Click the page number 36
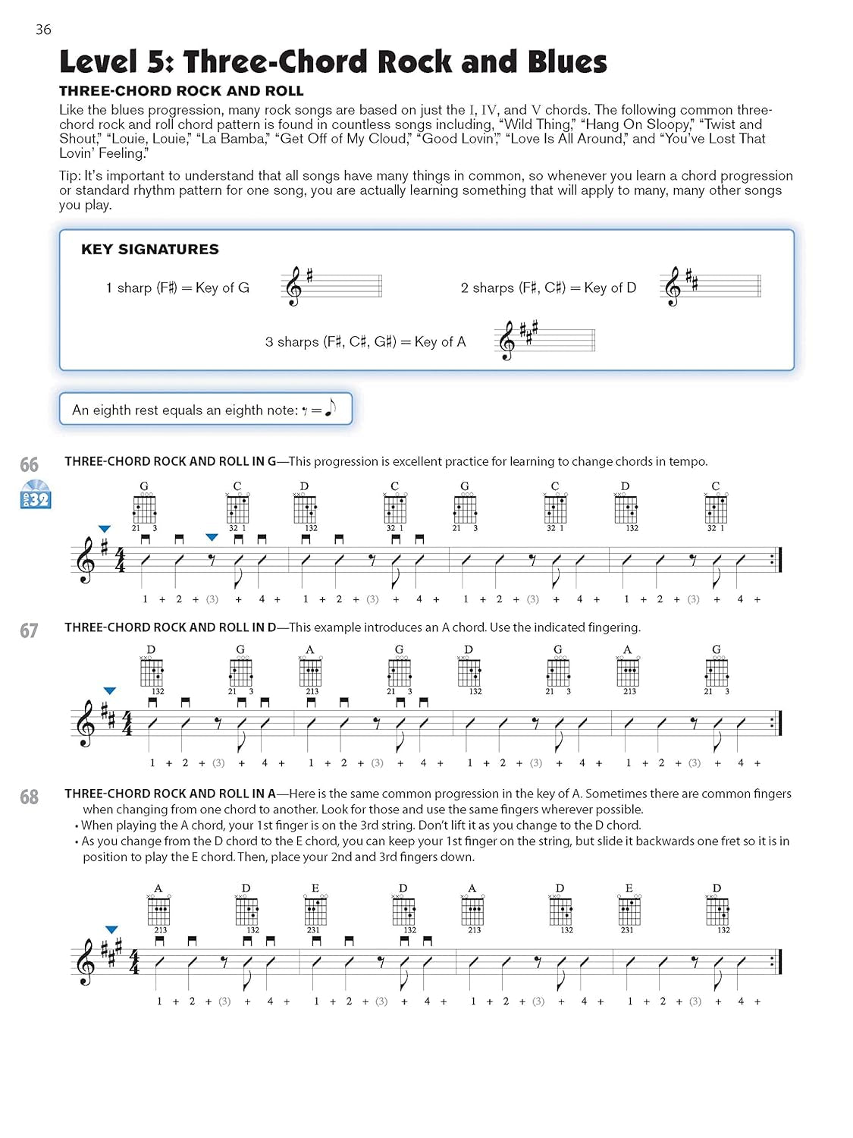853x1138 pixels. pyautogui.click(x=43, y=30)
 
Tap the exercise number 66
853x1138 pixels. pyautogui.click(x=30, y=464)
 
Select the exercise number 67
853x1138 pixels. pyautogui.click(x=30, y=630)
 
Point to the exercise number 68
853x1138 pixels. pyautogui.click(x=30, y=797)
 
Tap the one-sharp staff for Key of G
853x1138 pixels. pyautogui.click(x=331, y=286)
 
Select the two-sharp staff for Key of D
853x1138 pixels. pyautogui.click(x=710, y=286)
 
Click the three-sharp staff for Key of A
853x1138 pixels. pyautogui.click(x=544, y=340)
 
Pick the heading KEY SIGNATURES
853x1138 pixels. pyautogui.click(x=150, y=250)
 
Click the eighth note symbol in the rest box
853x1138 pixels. pyautogui.click(x=330, y=408)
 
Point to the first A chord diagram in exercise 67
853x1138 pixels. pyautogui.click(x=310, y=671)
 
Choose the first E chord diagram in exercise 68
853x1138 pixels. pyautogui.click(x=315, y=909)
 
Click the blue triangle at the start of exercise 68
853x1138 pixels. pyautogui.click(x=111, y=929)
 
